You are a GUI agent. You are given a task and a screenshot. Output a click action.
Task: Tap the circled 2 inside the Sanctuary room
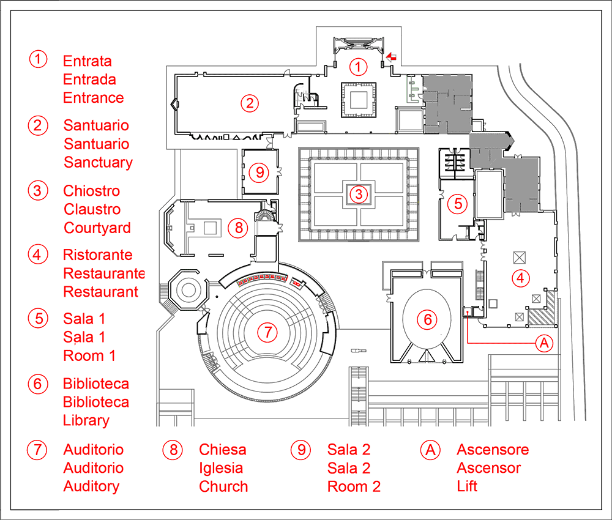248,103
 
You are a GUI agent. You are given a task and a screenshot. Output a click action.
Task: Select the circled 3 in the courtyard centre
359,195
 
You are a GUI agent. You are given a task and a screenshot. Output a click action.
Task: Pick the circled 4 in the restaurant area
520,277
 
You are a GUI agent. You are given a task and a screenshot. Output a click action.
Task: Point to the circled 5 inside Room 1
457,204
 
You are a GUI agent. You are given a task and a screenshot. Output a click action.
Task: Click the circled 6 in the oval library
427,319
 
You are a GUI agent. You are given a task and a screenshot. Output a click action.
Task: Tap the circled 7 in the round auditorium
267,332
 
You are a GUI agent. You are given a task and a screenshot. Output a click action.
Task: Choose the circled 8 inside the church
238,228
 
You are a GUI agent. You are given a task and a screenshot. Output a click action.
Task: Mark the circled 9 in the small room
259,172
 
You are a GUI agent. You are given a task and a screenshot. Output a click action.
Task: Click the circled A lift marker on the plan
543,343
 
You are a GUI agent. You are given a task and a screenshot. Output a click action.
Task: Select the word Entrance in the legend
94,98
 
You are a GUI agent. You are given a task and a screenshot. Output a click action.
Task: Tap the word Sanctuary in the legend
98,163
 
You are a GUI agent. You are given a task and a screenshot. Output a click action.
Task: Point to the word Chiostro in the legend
92,191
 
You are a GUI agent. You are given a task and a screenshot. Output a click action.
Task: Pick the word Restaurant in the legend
101,292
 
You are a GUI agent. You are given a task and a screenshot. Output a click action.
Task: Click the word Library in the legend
86,421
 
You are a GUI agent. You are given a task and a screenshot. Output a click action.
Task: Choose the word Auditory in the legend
91,487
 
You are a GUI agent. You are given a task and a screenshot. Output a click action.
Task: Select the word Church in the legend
223,487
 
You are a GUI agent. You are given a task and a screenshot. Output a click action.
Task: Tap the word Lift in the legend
467,487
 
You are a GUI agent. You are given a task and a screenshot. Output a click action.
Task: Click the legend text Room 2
354,487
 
